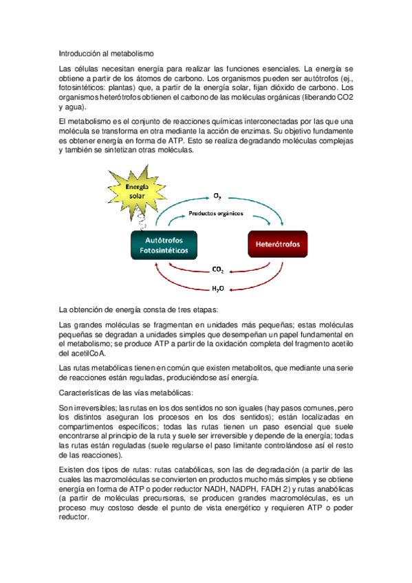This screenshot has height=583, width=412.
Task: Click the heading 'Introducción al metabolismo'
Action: pyautogui.click(x=107, y=53)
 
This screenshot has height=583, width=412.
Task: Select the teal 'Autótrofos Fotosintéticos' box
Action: pyautogui.click(x=164, y=244)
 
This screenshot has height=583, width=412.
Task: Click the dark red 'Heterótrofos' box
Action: pyautogui.click(x=277, y=244)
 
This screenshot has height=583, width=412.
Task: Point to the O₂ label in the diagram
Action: pyautogui.click(x=217, y=197)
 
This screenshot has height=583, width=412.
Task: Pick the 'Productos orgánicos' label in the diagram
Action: pyautogui.click(x=215, y=214)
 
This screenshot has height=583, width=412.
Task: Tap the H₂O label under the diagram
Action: pyautogui.click(x=217, y=289)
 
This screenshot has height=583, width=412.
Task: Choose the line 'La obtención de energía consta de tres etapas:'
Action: pyautogui.click(x=139, y=309)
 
